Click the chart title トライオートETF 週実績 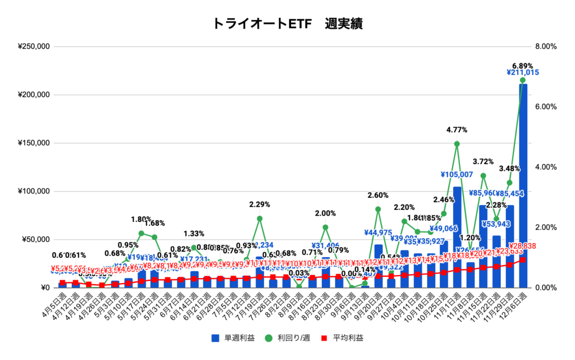click(287, 24)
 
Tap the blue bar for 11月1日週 click(457, 236)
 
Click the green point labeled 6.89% click(523, 80)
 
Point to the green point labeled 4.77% click(457, 144)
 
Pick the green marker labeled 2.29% click(259, 218)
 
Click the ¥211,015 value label click(523, 72)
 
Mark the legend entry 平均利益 click(343, 338)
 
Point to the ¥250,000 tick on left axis click(34, 47)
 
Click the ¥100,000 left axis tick click(34, 192)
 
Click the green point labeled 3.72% click(483, 176)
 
